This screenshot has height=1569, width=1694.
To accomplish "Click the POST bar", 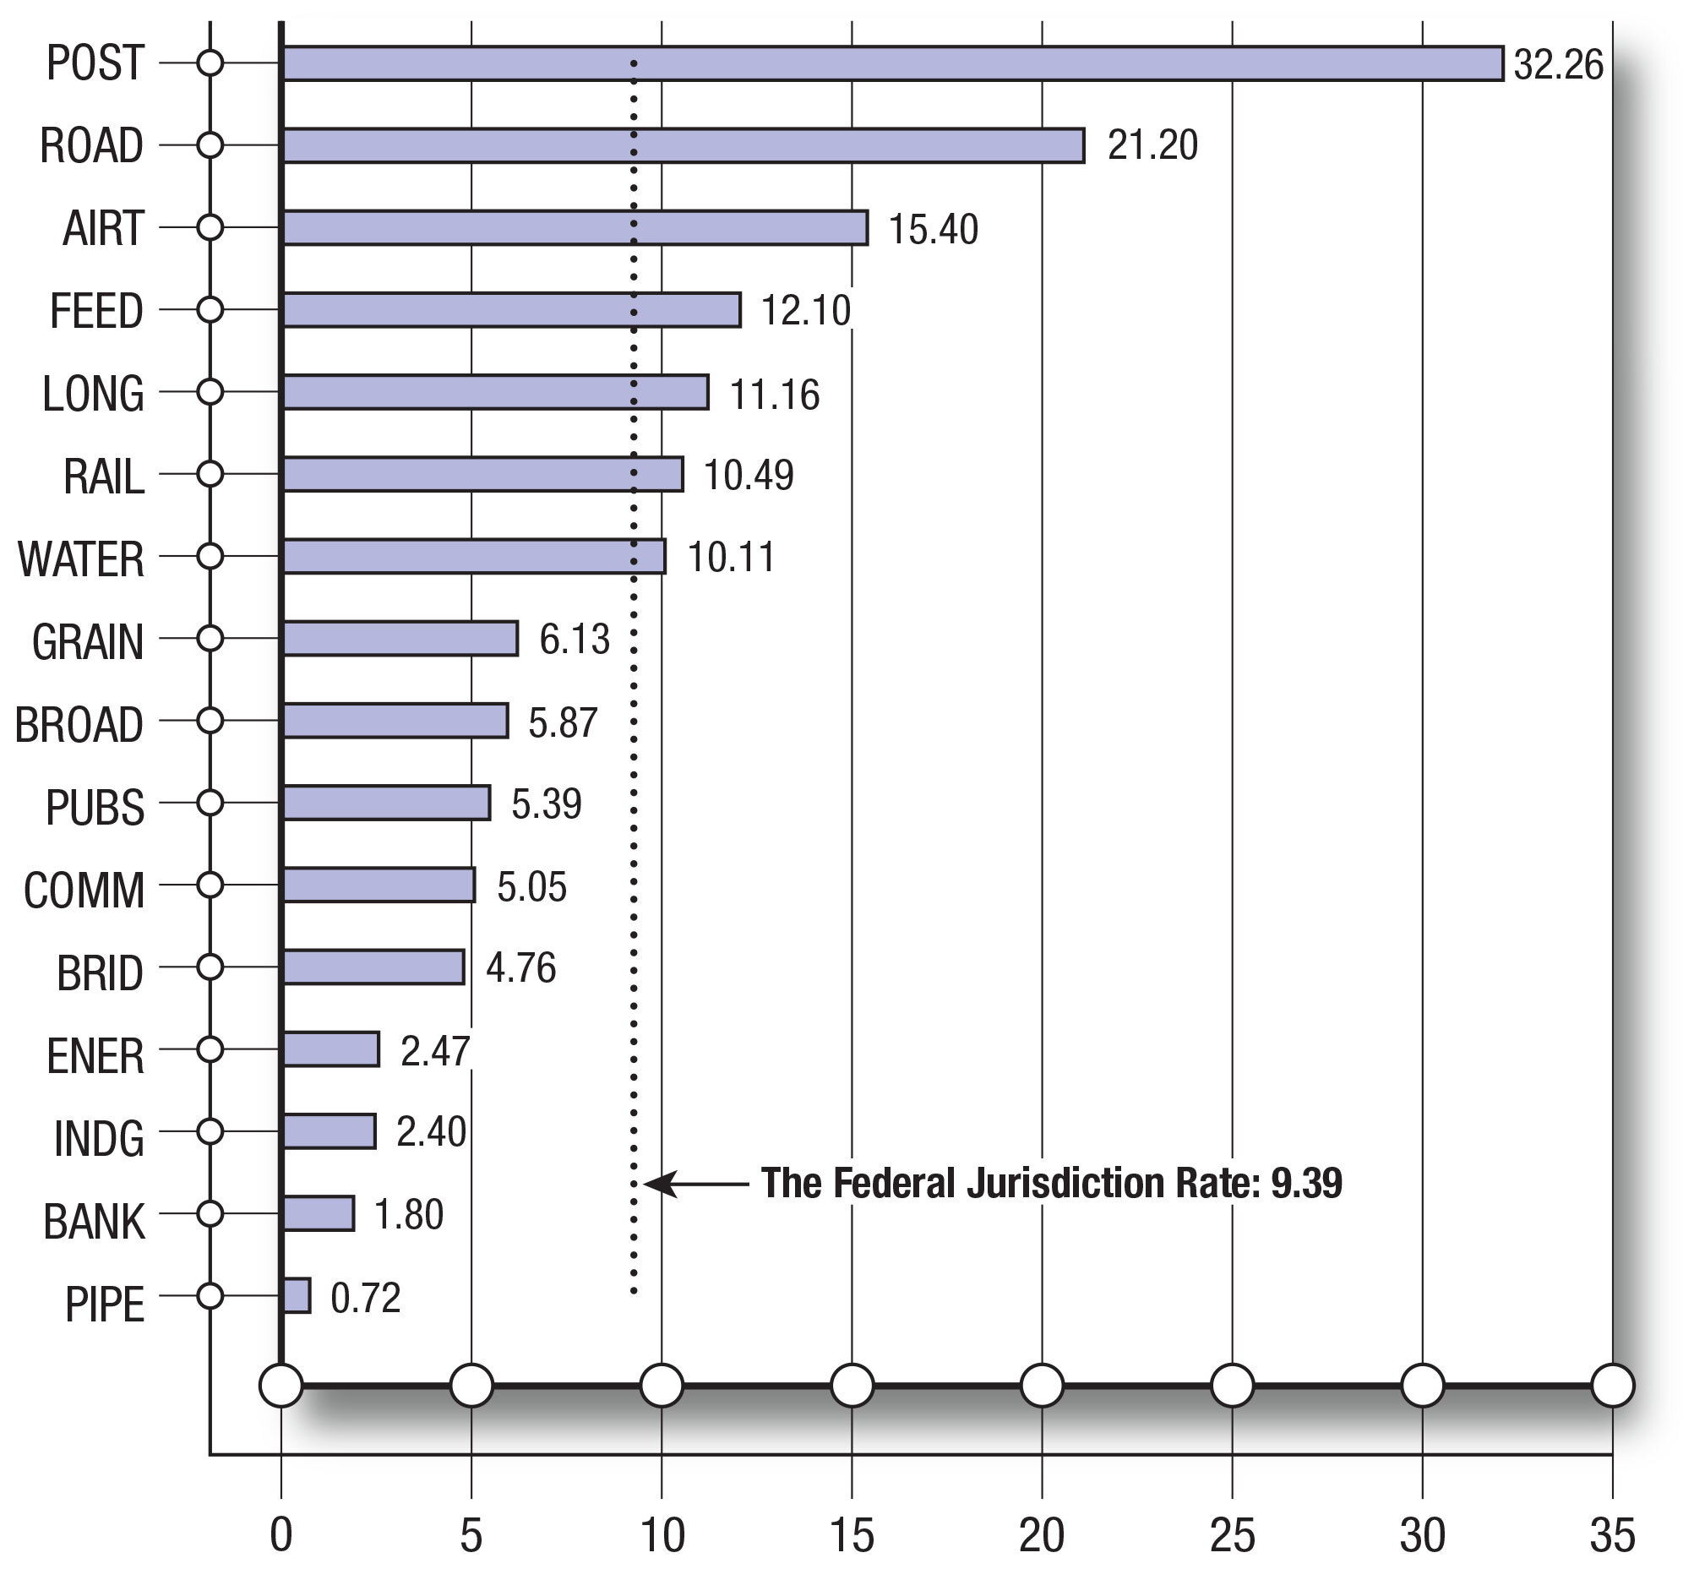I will [891, 63].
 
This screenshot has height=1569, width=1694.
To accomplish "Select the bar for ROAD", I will [683, 145].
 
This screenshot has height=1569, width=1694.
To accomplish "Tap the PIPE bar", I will [297, 1295].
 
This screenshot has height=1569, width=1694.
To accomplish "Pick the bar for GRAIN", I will [400, 639].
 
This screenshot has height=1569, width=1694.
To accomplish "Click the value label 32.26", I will [1558, 64].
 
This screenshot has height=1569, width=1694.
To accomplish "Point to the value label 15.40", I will [934, 229].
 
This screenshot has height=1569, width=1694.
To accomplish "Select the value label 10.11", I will [731, 558].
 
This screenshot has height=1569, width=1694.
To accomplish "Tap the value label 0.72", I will [365, 1298].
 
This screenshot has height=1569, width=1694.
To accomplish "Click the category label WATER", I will [81, 559].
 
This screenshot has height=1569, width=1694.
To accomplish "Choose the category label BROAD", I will [79, 725].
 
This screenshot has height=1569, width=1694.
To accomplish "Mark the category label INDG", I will [99, 1139].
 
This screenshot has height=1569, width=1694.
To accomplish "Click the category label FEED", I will [96, 311].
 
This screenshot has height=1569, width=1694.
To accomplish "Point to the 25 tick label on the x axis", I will [1232, 1534].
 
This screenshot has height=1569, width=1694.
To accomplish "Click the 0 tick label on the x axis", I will [281, 1534].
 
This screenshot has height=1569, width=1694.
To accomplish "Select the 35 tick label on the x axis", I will [1612, 1534].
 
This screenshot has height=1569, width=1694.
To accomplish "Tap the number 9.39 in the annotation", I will [1306, 1184].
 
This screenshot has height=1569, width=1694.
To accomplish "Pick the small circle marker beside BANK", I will [210, 1213].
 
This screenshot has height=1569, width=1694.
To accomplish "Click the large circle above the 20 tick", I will [1042, 1386].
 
